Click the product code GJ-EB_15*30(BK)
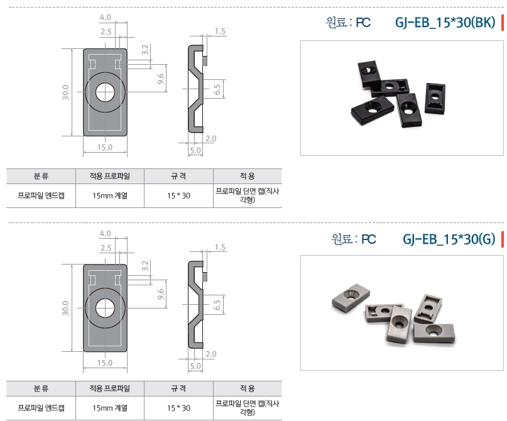click(x=445, y=23)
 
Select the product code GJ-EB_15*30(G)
click(x=449, y=239)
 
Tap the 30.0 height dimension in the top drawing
click(x=65, y=92)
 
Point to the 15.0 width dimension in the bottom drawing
click(x=105, y=363)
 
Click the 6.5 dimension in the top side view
click(x=217, y=89)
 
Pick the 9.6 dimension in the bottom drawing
click(x=161, y=294)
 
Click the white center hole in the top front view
click(x=105, y=92)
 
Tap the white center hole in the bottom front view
click(x=105, y=308)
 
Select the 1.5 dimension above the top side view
click(x=220, y=31)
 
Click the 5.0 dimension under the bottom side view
click(x=195, y=366)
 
